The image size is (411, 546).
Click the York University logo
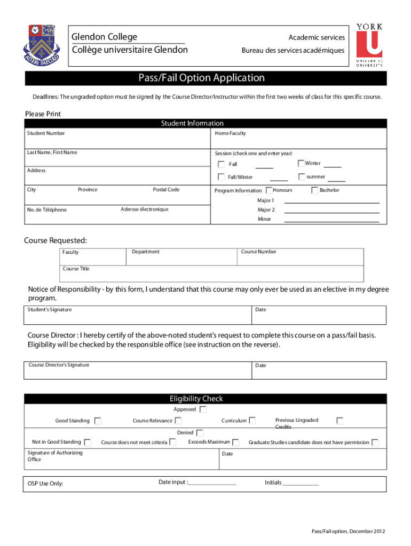point(369,45)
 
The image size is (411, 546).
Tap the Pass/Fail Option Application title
point(205,78)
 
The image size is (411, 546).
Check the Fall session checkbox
point(222,164)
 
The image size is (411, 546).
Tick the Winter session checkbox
point(301,163)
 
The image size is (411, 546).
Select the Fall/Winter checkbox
point(222,177)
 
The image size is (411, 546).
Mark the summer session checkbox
point(302,176)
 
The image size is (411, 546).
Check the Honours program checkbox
point(268,190)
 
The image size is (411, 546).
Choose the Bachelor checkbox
point(315,190)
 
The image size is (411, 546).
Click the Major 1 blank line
point(331,203)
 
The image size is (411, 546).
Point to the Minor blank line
point(331,221)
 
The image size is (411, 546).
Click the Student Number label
point(46,133)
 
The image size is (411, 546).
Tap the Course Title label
point(76,269)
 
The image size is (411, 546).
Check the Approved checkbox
point(203,409)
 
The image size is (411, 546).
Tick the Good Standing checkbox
point(98,421)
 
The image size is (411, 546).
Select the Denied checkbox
point(199,433)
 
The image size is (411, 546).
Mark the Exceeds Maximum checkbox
point(236,442)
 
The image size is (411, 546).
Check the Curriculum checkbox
point(252,421)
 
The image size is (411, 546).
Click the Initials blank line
point(301,485)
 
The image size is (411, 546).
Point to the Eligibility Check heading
point(196,399)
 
